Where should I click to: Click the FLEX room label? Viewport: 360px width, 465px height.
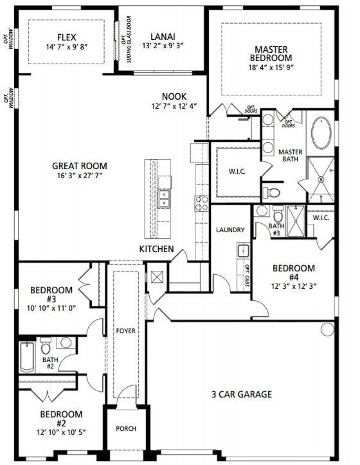[x=67, y=37]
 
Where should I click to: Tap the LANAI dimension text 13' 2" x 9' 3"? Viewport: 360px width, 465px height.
[x=163, y=46]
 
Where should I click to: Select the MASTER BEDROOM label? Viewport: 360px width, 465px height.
[x=271, y=53]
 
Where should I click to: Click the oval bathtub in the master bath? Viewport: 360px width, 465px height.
[x=321, y=133]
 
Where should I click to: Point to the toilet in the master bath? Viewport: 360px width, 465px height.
[x=272, y=193]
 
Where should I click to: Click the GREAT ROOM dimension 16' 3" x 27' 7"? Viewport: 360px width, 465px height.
[x=80, y=176]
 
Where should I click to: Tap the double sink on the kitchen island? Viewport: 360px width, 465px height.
[x=164, y=199]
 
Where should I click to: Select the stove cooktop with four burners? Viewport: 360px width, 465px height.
[x=202, y=203]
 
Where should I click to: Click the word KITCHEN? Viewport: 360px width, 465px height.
[x=157, y=249]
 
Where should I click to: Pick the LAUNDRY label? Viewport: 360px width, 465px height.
[x=230, y=230]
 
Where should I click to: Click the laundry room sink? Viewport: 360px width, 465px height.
[x=243, y=250]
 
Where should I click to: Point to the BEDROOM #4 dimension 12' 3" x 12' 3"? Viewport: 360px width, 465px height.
[x=294, y=286]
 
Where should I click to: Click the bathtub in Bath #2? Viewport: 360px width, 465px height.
[x=27, y=357]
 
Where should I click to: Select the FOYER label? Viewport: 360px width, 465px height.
[x=126, y=331]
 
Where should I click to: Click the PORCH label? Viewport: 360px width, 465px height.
[x=126, y=428]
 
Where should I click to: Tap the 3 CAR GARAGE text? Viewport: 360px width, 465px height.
[x=241, y=394]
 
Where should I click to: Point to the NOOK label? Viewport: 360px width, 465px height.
[x=174, y=96]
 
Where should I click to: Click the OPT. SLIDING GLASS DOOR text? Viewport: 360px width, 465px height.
[x=127, y=39]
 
